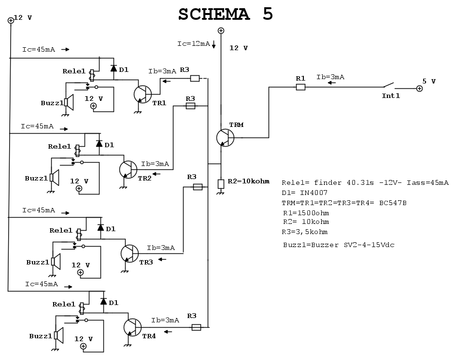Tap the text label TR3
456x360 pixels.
(146, 262)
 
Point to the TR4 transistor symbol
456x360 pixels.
(132, 327)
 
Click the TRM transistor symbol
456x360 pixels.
(225, 138)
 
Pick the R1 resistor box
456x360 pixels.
(300, 87)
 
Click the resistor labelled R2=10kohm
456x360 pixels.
(221, 184)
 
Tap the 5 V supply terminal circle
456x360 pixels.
(419, 89)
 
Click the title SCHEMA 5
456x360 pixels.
(226, 14)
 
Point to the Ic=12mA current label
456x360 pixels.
(193, 44)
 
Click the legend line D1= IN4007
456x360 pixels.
(305, 193)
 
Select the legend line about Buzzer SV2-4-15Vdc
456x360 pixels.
(339, 245)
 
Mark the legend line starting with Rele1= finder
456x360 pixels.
(365, 183)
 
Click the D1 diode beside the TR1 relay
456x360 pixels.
(114, 69)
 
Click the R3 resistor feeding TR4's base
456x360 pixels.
(196, 327)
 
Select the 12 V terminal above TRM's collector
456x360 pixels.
(221, 31)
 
